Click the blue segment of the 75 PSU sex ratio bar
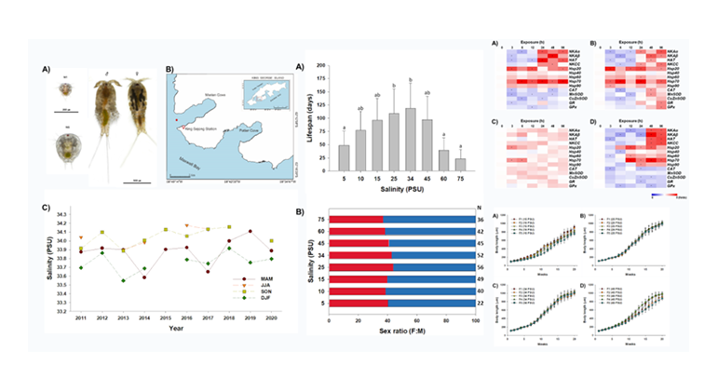tap(429, 221)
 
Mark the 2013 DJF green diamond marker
tap(123, 280)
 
